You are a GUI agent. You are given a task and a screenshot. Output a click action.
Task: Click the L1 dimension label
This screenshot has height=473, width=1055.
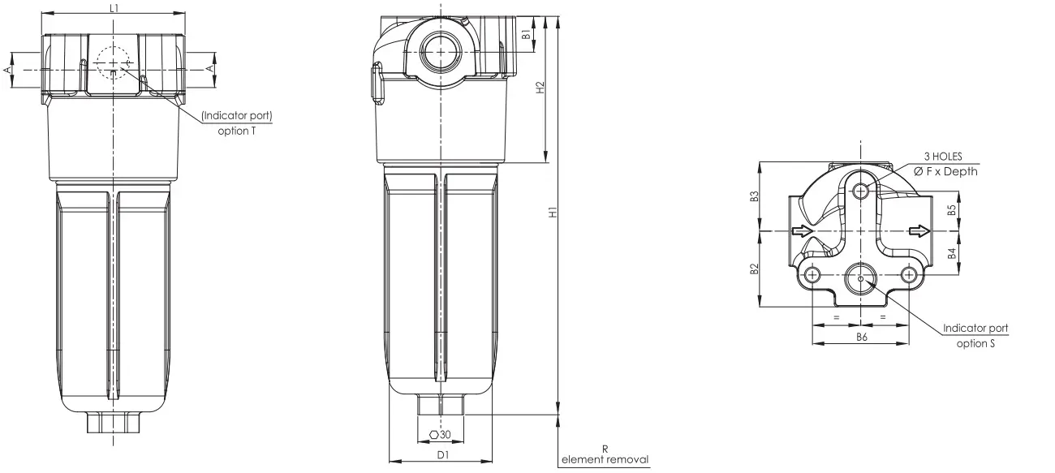114,8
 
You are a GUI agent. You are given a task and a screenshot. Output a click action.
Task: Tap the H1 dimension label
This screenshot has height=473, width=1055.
553,212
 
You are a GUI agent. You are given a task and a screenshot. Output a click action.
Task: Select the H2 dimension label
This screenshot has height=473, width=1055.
540,88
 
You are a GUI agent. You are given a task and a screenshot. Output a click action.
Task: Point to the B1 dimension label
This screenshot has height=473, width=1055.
527,34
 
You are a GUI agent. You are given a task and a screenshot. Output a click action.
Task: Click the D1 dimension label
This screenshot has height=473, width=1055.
443,454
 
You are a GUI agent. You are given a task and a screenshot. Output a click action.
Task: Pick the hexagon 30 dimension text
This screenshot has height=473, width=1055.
441,434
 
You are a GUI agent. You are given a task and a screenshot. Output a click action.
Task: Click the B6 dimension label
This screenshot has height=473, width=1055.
861,337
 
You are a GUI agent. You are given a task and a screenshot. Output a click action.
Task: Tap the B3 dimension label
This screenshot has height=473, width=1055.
755,196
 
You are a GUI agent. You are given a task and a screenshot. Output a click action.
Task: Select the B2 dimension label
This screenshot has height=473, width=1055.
755,269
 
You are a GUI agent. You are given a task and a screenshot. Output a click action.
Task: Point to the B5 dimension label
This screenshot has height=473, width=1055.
952,210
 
